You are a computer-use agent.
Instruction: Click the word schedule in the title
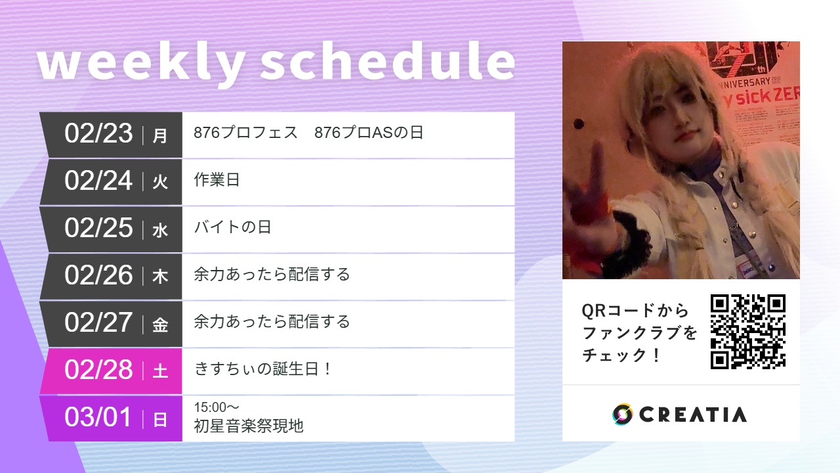(x=387, y=63)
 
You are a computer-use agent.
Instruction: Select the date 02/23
(x=98, y=134)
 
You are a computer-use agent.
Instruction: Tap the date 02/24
(x=98, y=181)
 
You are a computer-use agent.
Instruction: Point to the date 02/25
(x=98, y=229)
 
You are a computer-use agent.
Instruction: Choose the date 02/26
(x=98, y=276)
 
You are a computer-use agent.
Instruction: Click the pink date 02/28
(x=98, y=371)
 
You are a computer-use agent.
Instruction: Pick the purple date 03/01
(x=98, y=418)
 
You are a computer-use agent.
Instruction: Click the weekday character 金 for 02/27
(x=160, y=325)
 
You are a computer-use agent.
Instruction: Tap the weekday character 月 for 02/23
(x=160, y=136)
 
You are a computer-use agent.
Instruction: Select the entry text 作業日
(x=217, y=180)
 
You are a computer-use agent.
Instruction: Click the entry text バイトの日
(x=232, y=227)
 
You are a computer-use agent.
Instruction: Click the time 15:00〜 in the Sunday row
(x=217, y=408)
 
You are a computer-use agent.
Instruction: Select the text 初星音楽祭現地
(x=249, y=426)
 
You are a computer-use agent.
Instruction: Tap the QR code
(x=748, y=331)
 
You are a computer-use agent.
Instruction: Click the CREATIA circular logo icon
(x=622, y=414)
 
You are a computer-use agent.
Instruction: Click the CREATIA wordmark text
(x=692, y=415)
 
